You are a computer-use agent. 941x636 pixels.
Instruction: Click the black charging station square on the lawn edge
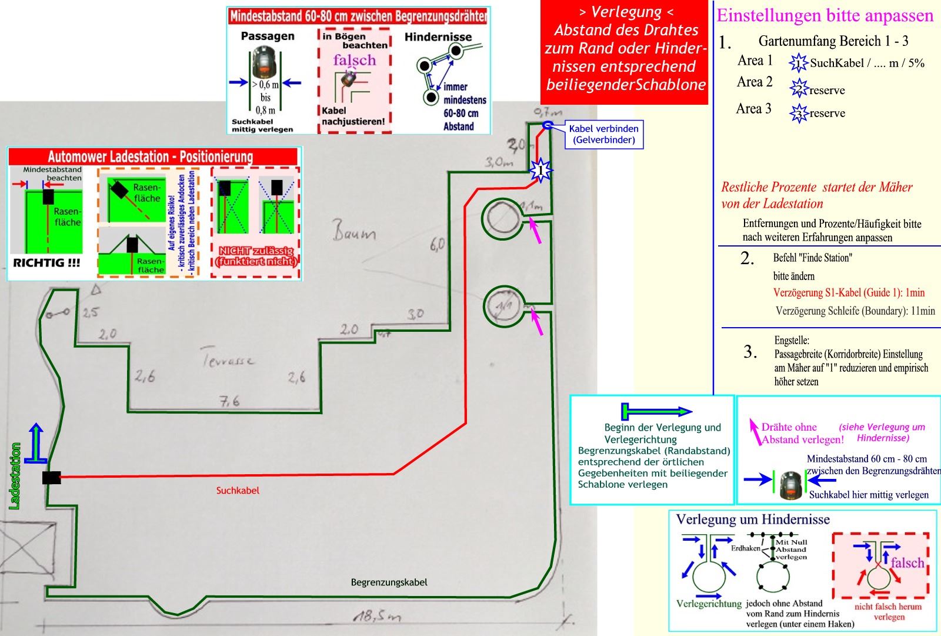51,477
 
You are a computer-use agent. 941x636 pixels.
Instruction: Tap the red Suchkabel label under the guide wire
238,490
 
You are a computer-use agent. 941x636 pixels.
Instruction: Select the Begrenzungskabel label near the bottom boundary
389,582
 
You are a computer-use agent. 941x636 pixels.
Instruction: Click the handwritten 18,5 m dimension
376,617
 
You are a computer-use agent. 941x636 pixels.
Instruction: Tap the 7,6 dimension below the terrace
229,401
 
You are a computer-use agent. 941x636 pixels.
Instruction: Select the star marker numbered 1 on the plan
540,170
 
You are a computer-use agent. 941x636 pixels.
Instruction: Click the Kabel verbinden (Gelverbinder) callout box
603,134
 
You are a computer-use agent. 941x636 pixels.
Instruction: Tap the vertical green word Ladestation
15,475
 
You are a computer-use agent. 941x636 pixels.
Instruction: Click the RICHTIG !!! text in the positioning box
46,263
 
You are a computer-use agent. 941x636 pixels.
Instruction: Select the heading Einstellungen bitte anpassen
825,16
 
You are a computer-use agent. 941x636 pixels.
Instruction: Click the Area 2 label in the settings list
755,82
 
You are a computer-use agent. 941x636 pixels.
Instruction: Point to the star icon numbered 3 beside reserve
799,113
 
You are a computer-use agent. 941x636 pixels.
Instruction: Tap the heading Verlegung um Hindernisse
753,520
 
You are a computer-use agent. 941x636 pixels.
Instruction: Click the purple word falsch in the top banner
354,60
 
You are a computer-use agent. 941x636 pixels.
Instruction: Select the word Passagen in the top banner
268,36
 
